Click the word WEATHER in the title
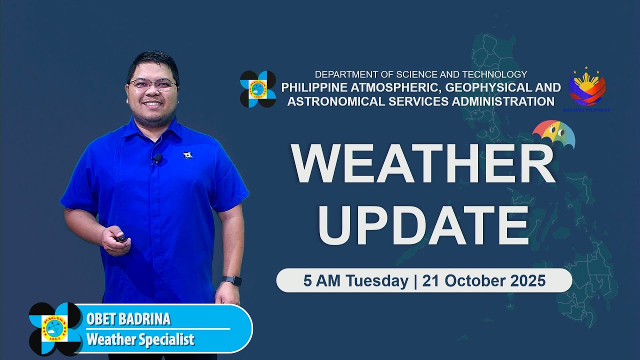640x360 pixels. click(423, 164)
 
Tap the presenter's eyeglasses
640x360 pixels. click(152, 84)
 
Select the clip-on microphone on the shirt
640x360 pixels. click(157, 159)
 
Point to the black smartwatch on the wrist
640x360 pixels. click(231, 280)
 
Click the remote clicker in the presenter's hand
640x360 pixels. click(121, 238)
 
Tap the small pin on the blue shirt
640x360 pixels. click(188, 155)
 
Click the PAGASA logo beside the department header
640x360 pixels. click(258, 89)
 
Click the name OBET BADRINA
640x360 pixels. click(128, 319)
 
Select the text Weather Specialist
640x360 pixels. click(140, 340)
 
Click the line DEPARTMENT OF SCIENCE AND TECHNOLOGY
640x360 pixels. click(421, 74)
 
